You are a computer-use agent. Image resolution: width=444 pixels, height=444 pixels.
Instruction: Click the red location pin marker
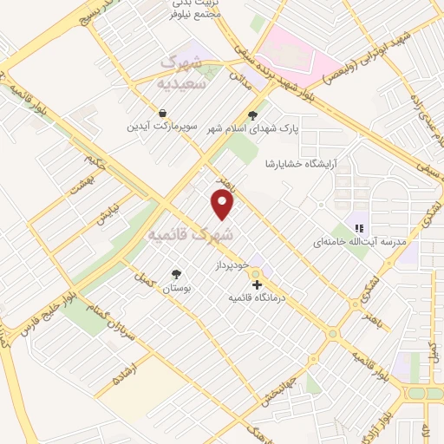[223, 205]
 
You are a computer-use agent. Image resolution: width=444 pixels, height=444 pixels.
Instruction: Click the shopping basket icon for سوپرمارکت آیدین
[163, 113]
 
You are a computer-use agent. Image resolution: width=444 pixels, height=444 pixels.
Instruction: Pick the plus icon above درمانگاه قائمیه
[256, 284]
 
